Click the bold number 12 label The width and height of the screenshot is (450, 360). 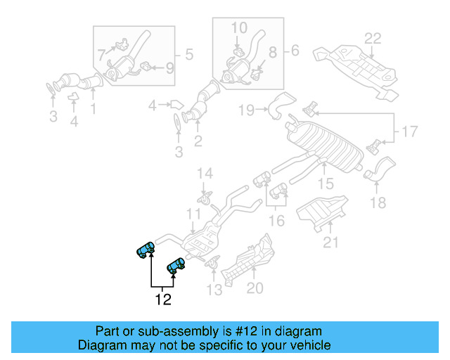163,300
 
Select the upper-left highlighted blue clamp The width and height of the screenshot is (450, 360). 146,249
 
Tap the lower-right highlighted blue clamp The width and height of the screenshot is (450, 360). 175,265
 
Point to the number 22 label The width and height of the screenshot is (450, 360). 373,38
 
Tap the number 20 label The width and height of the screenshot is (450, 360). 255,288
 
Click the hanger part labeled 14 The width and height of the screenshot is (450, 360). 205,198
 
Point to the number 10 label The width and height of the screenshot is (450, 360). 239,28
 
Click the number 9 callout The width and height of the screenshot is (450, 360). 169,68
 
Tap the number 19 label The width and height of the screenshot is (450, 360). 245,110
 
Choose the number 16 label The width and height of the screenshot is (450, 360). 277,221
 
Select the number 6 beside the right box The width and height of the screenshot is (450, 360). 294,50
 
